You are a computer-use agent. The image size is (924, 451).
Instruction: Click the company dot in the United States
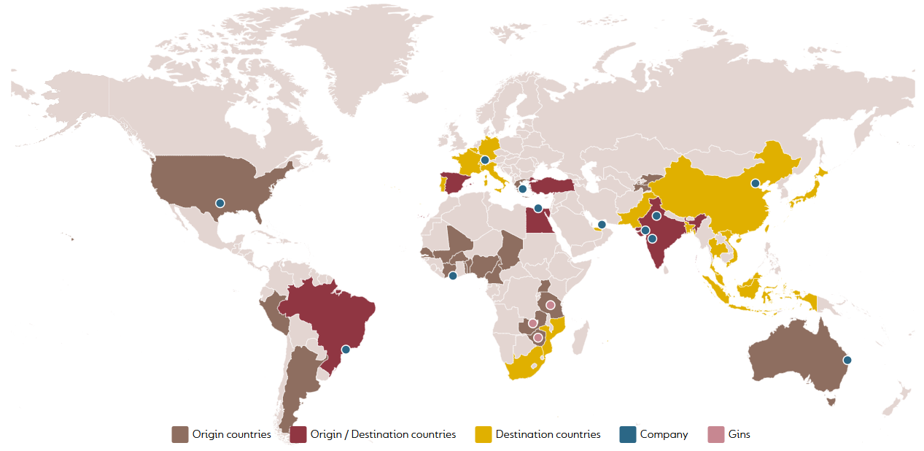click(220, 203)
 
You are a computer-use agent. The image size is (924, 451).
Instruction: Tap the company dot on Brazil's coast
click(346, 349)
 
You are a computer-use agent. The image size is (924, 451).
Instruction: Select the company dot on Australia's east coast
click(847, 360)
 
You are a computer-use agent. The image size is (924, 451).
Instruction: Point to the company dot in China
click(756, 183)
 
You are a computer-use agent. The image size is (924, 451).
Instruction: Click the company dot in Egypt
click(538, 209)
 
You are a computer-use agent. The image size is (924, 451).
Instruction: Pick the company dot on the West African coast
click(453, 276)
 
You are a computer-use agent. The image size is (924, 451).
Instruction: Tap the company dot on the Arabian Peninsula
click(602, 225)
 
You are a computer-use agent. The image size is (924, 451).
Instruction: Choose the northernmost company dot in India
click(656, 216)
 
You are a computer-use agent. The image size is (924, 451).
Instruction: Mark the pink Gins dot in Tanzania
click(551, 305)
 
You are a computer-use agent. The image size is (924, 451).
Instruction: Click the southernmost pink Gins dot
click(538, 338)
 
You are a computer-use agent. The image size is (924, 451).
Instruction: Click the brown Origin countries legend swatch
click(179, 434)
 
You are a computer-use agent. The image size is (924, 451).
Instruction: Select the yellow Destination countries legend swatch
click(483, 434)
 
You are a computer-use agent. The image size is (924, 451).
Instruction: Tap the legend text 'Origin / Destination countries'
click(383, 434)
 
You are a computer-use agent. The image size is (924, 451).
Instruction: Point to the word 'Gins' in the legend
click(739, 434)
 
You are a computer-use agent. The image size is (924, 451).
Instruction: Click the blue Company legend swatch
click(627, 434)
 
